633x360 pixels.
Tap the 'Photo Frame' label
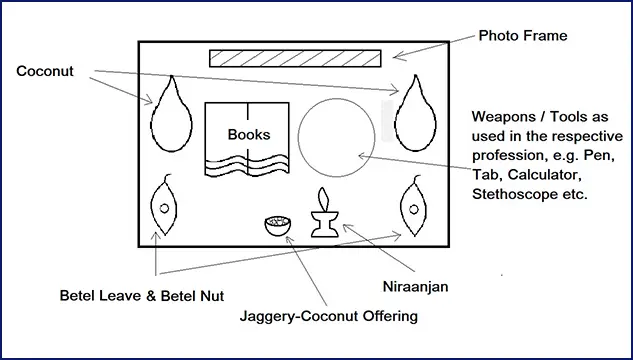click(x=523, y=36)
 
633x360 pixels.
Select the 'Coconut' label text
click(x=45, y=71)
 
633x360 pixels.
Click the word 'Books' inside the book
click(x=249, y=134)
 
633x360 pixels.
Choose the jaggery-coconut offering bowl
click(x=278, y=226)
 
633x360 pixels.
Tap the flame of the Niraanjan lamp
click(x=323, y=199)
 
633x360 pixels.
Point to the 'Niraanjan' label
click(x=415, y=287)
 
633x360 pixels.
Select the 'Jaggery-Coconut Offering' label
click(x=329, y=316)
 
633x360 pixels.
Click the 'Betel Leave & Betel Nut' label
click(x=142, y=296)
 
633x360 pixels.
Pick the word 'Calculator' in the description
click(x=545, y=175)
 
